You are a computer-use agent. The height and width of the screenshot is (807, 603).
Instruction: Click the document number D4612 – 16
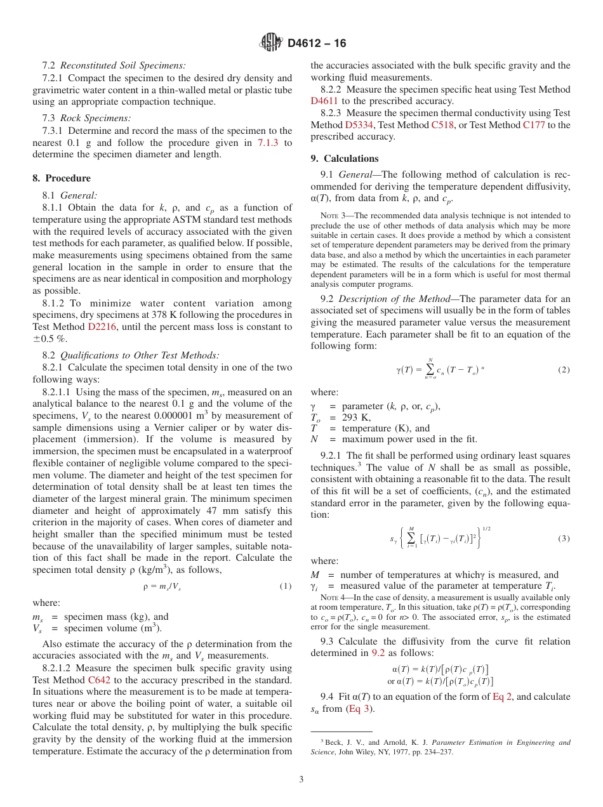pyautogui.click(x=317, y=44)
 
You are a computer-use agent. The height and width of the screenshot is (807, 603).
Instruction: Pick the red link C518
pyautogui.click(x=442, y=125)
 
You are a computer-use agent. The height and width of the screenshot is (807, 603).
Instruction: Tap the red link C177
pyautogui.click(x=533, y=125)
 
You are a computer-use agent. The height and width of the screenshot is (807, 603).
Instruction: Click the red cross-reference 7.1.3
pyautogui.click(x=267, y=143)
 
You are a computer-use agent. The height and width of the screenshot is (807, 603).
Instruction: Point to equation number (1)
pyautogui.click(x=286, y=586)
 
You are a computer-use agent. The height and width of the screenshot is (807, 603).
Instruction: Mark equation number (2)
pyautogui.click(x=563, y=369)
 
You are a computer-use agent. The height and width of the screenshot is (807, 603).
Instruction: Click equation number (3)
pyautogui.click(x=563, y=539)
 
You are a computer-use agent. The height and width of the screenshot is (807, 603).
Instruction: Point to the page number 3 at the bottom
pyautogui.click(x=301, y=779)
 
